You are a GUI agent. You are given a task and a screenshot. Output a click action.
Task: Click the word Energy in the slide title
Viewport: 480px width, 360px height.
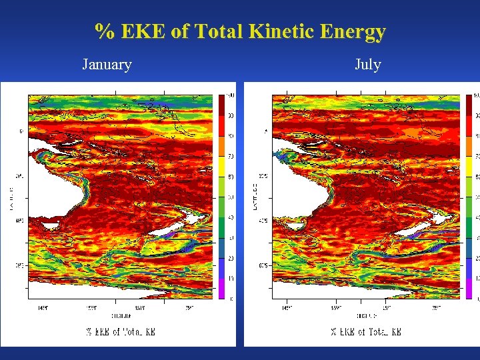pyautogui.click(x=353, y=31)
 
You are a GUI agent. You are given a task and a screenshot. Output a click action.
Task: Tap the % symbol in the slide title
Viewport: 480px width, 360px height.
pyautogui.click(x=103, y=31)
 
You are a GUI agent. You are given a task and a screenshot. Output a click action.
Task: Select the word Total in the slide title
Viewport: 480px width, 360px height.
pyautogui.click(x=219, y=31)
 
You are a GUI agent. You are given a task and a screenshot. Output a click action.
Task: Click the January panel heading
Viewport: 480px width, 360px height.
pyautogui.click(x=107, y=65)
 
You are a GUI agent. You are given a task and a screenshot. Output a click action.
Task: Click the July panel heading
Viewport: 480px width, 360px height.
pyautogui.click(x=367, y=65)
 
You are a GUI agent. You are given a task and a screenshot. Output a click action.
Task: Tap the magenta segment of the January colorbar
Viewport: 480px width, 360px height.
pyautogui.click(x=221, y=288)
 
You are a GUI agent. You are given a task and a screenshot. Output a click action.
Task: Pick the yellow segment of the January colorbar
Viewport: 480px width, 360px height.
pyautogui.click(x=221, y=166)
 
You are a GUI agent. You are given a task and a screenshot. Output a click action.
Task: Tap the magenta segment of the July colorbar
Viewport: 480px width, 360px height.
pyautogui.click(x=468, y=288)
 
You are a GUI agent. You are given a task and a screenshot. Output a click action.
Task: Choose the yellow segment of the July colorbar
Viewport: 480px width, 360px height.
pyautogui.click(x=468, y=166)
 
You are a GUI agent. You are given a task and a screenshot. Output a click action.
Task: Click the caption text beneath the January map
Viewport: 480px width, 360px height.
pyautogui.click(x=120, y=331)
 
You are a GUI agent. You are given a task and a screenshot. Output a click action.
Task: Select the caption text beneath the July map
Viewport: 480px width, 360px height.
pyautogui.click(x=366, y=331)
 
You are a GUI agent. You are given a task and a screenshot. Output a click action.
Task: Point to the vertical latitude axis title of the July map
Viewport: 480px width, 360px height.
pyautogui.click(x=255, y=197)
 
